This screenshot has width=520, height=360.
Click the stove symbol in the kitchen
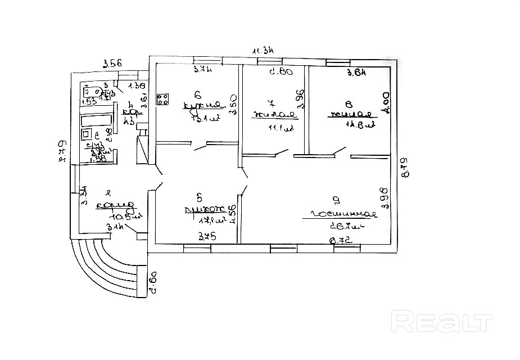point(164,100)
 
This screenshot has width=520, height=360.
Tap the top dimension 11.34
point(263,51)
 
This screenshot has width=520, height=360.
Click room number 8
point(349,103)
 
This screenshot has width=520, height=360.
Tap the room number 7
point(272,103)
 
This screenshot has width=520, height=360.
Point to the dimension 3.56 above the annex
point(112,64)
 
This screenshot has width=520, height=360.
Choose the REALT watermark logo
point(441,322)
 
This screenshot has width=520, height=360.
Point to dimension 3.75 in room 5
point(205,237)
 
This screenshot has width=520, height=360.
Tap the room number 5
point(200,197)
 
